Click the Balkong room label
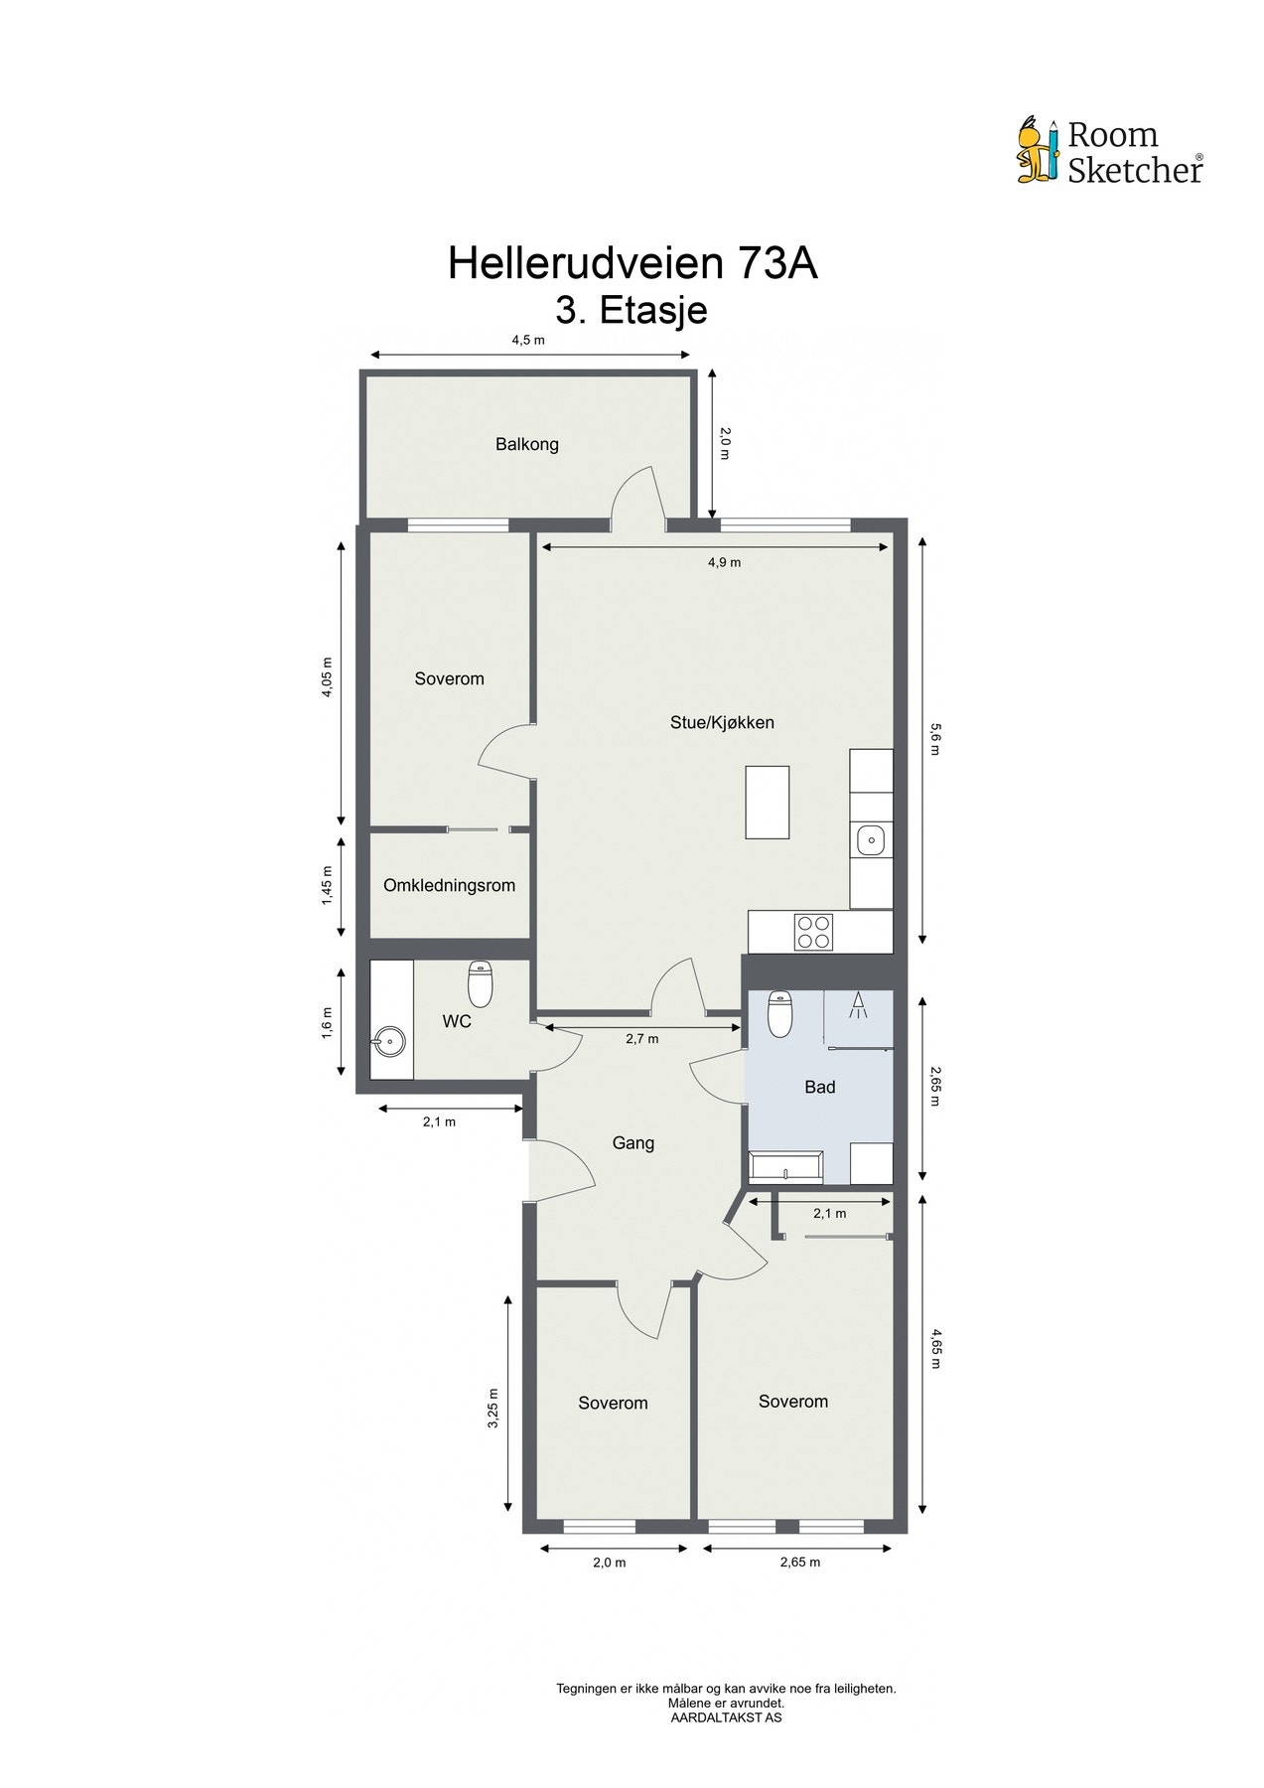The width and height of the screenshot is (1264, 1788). coord(527,444)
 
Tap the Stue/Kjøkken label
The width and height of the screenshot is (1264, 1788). coord(722,722)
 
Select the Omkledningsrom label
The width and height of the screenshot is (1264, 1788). coord(449,885)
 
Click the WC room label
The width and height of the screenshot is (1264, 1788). coord(457,1020)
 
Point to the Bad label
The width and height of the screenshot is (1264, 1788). coord(819,1087)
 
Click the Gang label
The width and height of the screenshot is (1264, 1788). coord(632,1142)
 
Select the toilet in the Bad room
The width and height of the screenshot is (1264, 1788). coord(780,1013)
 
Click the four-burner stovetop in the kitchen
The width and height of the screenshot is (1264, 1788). coord(813,932)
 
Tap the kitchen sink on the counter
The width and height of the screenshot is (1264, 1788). coord(871,840)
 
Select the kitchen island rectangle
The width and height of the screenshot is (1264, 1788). coord(768,802)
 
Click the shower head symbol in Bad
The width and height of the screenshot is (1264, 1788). coord(858,1007)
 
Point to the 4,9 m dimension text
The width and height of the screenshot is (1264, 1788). coord(724,562)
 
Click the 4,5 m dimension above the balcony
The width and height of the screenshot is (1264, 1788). coord(528,340)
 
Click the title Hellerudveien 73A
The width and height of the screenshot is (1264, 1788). coord(632,263)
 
